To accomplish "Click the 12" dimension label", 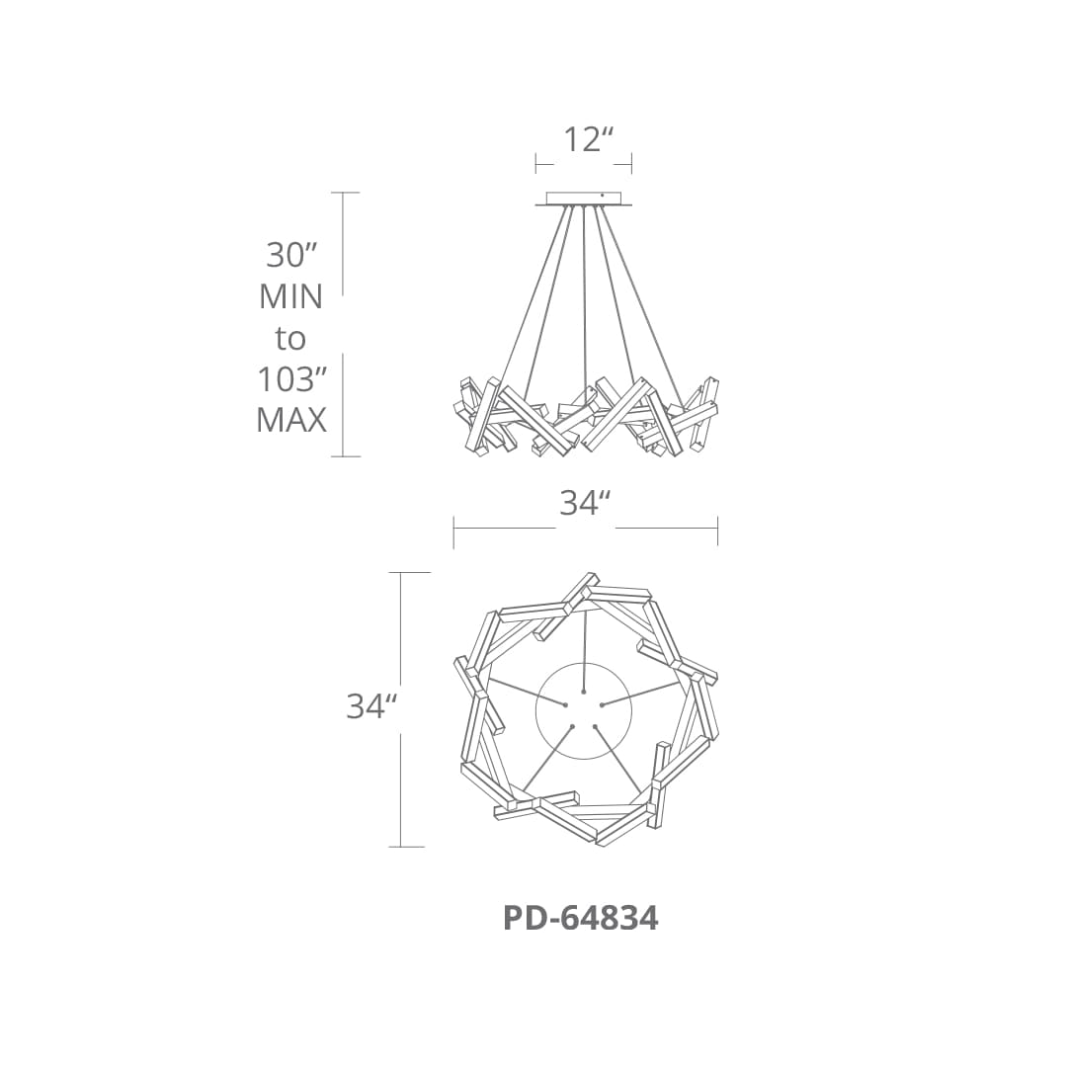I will [x=583, y=140].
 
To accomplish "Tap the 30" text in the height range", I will [x=290, y=255].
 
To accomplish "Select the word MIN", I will [x=290, y=296].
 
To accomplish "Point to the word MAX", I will [x=290, y=420].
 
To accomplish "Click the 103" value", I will [x=290, y=379].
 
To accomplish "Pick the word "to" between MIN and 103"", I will [x=290, y=339].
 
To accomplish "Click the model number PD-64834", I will [x=580, y=919].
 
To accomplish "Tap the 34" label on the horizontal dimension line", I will [x=581, y=503].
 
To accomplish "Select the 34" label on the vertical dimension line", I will [x=371, y=706].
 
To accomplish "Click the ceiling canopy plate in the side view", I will [x=584, y=199].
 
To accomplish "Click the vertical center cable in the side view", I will [x=584, y=296].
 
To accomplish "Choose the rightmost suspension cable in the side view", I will [x=642, y=296].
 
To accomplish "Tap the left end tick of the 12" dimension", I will [x=536, y=163].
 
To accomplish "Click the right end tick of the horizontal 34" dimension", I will [x=717, y=531].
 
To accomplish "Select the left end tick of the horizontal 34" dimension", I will [x=453, y=531].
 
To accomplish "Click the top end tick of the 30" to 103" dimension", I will [x=344, y=193].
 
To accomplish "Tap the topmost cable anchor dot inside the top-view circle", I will [x=584, y=691].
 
